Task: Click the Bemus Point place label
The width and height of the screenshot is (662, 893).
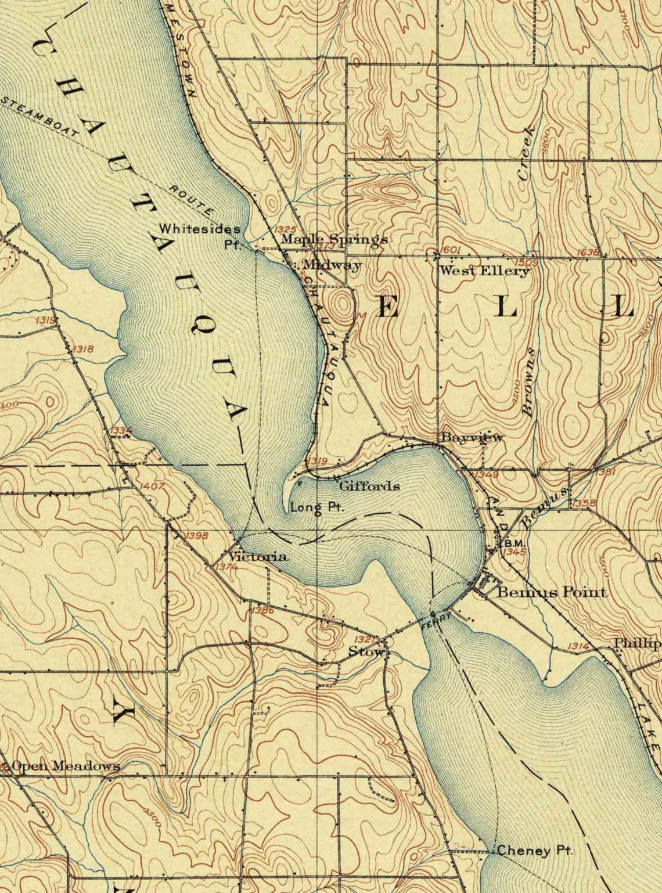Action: [x=552, y=592]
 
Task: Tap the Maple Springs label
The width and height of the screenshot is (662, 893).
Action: [x=334, y=239]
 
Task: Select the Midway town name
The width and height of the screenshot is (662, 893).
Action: [x=332, y=265]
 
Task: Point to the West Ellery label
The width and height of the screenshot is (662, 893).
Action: [x=484, y=271]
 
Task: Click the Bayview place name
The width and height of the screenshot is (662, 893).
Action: [x=472, y=438]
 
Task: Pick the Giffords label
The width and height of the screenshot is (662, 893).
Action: [x=369, y=486]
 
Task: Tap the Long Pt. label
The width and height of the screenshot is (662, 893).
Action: [x=317, y=507]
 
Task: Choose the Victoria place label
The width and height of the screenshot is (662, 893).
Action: [x=257, y=557]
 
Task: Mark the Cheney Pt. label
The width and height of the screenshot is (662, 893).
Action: [x=534, y=851]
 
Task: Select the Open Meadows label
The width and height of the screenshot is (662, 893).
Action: [x=66, y=766]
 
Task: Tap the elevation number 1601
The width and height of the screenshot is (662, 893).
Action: [x=451, y=250]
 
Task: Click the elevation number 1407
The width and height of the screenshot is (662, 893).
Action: [x=152, y=486]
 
